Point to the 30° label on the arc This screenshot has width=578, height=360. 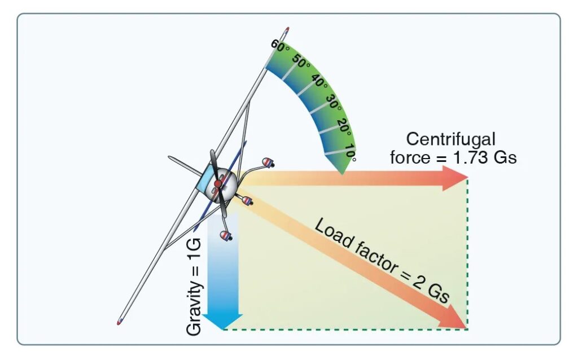tap(334, 105)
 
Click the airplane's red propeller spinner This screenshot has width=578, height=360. tap(218, 184)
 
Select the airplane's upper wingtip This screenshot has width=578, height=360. tap(287, 29)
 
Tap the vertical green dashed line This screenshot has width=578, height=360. tap(467, 254)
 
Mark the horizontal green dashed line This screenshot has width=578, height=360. tap(344, 329)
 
